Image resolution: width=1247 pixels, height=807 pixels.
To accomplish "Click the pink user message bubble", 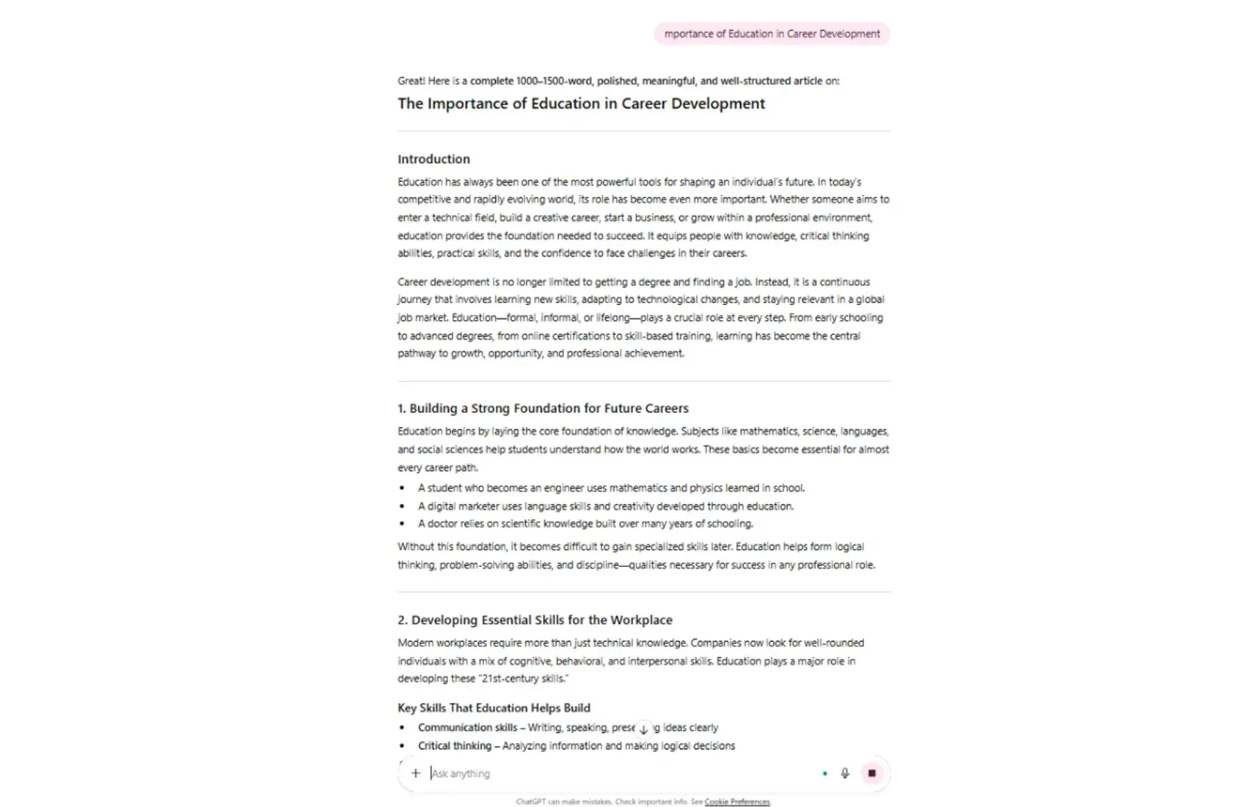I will click(x=772, y=34).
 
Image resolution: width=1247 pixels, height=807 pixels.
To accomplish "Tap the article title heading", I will click(x=581, y=103).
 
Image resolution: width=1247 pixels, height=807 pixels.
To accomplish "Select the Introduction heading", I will click(x=434, y=159).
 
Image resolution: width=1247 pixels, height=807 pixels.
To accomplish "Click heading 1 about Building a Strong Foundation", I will click(x=543, y=408).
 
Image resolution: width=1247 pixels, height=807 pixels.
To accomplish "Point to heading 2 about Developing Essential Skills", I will click(x=535, y=620).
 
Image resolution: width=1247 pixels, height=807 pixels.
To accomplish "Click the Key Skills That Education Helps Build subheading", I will click(x=494, y=708).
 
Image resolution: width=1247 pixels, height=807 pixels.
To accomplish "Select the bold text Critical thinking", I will click(x=455, y=746).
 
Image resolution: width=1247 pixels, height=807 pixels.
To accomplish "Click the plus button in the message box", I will click(x=416, y=773).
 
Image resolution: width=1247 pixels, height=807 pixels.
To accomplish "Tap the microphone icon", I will click(x=845, y=773).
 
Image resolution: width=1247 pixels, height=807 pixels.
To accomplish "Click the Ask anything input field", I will click(x=616, y=773).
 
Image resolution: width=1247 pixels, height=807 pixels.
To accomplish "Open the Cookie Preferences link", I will click(x=737, y=802).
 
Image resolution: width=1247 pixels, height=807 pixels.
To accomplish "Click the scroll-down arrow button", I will click(x=643, y=729).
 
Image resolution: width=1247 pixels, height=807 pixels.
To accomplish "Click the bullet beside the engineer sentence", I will click(x=402, y=488).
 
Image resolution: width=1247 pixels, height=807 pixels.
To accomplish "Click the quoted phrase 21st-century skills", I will click(x=522, y=679).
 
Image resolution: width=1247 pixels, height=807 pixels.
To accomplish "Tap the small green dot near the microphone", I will click(x=825, y=773).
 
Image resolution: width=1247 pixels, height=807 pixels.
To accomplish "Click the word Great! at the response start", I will click(x=411, y=81).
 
